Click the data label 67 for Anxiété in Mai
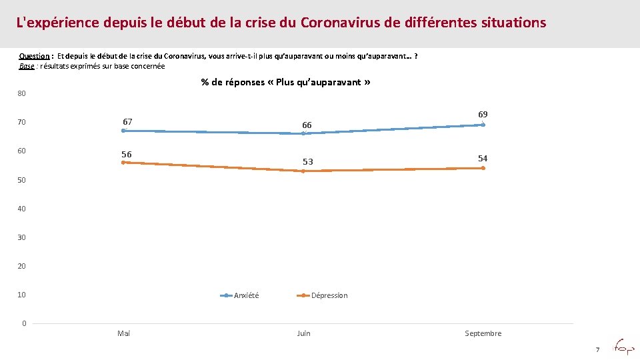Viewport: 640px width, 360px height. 127,122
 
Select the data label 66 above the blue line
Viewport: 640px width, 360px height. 307,125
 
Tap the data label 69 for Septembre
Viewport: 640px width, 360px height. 483,115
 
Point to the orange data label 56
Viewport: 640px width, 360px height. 127,155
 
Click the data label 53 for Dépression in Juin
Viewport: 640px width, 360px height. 307,162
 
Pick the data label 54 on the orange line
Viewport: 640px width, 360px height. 483,159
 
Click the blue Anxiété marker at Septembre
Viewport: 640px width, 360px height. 483,125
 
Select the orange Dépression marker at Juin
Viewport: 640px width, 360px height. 303,171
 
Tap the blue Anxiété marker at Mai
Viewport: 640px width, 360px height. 123,131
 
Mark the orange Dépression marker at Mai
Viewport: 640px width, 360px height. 123,162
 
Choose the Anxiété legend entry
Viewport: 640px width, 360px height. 246,295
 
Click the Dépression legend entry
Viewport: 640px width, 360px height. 329,295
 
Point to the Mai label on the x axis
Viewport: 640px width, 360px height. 123,333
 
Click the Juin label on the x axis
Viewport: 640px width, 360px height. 303,333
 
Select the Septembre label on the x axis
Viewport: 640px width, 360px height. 483,333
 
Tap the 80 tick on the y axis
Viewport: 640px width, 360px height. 22,93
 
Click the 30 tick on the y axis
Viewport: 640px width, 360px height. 22,237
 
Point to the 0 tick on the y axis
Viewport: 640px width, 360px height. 24,323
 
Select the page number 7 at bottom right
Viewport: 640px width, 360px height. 597,349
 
